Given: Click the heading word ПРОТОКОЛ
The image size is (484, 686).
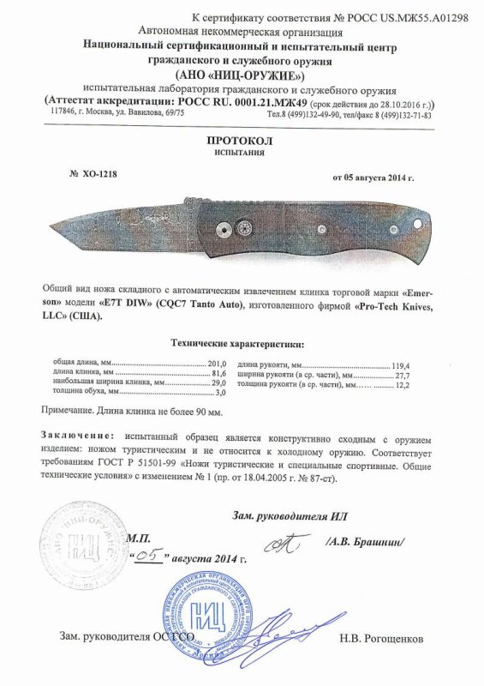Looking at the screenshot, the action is click(x=242, y=137).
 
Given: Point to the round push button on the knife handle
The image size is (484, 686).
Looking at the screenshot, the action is click(x=243, y=227).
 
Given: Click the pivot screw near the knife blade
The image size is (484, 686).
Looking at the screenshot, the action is click(x=223, y=228).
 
